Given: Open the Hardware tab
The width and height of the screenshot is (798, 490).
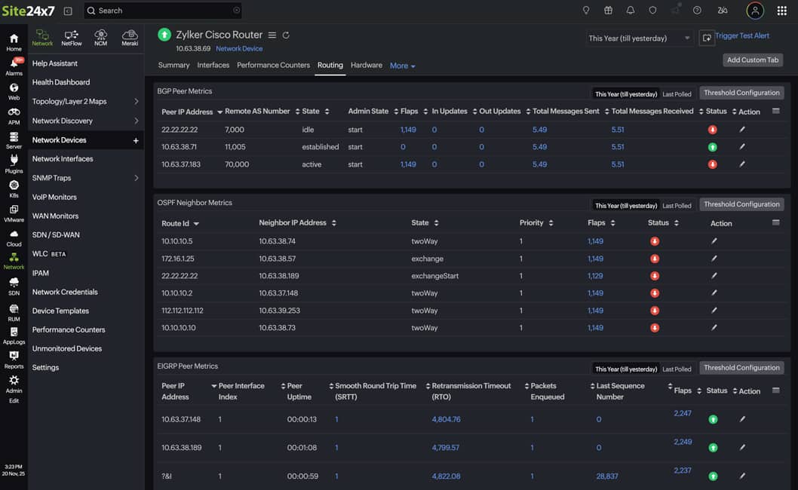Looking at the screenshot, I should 367,66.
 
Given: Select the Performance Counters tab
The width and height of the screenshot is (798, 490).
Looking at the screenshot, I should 273,66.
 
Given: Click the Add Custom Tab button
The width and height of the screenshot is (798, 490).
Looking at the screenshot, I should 752,60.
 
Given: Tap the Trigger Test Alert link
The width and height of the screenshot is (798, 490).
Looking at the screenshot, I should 741,36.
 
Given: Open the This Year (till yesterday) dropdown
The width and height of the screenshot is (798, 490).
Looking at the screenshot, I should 639,38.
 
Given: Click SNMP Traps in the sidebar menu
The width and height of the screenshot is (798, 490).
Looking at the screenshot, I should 51,178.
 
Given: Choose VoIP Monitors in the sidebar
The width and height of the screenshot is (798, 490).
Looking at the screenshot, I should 55,197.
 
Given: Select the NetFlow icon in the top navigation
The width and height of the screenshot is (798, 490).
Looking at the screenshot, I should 72,38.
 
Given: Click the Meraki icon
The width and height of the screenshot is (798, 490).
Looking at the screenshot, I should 130,38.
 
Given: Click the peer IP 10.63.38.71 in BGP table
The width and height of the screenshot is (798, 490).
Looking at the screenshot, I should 179,147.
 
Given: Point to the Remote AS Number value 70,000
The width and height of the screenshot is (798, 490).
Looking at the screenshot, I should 237,164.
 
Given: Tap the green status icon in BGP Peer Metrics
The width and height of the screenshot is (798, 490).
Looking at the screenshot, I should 713,147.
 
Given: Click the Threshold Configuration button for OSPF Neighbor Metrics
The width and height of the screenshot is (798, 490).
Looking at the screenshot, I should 741,204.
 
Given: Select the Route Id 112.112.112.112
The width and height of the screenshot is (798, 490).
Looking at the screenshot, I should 183,311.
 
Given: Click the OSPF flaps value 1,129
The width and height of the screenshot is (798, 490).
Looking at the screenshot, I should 595,276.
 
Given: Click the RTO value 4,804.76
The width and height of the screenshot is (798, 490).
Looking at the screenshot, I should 446,419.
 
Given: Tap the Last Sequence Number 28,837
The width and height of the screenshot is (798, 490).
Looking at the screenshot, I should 607,476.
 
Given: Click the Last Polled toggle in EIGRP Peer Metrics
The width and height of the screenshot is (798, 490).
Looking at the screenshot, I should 677,369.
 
